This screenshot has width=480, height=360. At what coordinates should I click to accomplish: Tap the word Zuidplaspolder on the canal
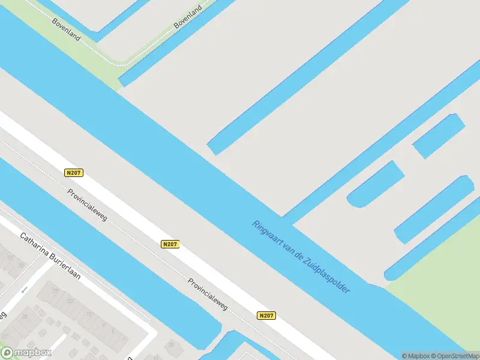coord(327,272)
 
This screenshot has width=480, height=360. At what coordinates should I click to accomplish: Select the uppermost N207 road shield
coord(73,173)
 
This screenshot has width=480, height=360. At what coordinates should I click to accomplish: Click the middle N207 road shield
coord(170,244)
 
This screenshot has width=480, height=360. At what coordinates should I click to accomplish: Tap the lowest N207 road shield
coord(267,315)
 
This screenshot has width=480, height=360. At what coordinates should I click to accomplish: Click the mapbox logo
coord(27,352)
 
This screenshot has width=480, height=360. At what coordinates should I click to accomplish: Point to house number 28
coord(25,316)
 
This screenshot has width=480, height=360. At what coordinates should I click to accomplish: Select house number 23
coord(70,301)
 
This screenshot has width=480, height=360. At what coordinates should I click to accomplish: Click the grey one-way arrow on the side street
coord(24,290)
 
